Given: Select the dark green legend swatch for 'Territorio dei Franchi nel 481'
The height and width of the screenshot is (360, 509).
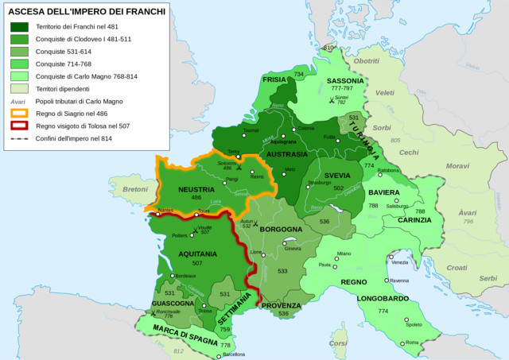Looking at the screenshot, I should (x=19, y=27).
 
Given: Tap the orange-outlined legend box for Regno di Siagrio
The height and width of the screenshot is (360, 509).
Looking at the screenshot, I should (x=19, y=114).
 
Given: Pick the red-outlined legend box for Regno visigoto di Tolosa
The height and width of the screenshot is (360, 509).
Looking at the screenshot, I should (x=19, y=126).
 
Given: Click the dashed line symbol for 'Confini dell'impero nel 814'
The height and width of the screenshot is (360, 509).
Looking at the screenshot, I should (x=19, y=138).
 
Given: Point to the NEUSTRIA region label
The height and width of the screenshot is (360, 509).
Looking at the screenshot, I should (x=185, y=190).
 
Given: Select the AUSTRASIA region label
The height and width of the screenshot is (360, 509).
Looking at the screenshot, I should (x=286, y=154).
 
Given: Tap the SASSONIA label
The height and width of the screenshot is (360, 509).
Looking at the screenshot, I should (x=344, y=81).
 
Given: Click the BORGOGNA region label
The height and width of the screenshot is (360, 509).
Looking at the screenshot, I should (x=279, y=229).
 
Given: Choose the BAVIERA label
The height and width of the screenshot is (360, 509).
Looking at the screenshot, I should (x=383, y=193).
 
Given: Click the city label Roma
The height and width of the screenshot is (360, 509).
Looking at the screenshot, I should (x=411, y=343).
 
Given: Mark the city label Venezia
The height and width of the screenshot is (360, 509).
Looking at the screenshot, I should (x=399, y=262).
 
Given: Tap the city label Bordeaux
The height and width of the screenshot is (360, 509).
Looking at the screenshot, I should (x=185, y=276).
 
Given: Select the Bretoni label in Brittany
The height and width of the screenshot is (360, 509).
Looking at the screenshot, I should (x=134, y=190).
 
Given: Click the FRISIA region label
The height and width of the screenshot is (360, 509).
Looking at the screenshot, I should (x=274, y=80).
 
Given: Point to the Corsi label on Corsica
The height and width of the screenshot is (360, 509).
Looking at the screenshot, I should (x=340, y=343).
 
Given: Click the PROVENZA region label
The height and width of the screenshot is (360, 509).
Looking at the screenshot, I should (x=281, y=305).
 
